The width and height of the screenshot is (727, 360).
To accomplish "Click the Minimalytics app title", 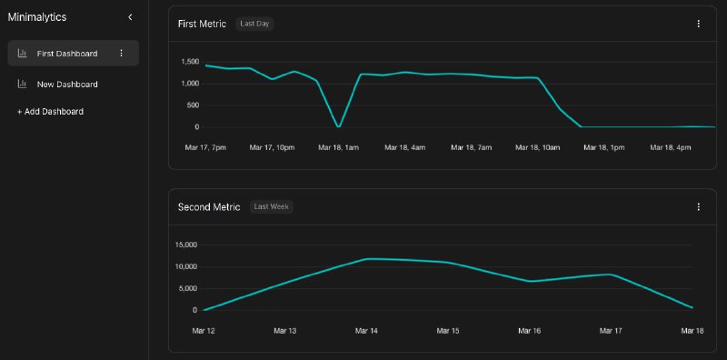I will (37, 17).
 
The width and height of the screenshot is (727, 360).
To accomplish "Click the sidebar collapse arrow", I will (130, 17).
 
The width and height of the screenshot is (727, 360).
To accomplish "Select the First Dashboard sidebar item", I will (66, 54).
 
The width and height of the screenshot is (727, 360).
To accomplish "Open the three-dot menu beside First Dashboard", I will (121, 54).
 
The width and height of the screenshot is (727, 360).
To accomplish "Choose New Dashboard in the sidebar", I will (66, 85).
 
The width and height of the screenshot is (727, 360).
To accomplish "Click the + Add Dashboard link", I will (50, 112).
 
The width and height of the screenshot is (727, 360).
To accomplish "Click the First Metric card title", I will (202, 24).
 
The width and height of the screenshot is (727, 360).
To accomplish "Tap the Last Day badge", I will (254, 24).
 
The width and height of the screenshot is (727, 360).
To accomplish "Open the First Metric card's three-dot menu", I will (698, 24).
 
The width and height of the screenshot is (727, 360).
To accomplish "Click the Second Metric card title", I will (209, 207).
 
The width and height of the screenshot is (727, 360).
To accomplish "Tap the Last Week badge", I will (272, 207).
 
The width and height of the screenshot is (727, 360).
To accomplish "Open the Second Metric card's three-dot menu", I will (698, 207).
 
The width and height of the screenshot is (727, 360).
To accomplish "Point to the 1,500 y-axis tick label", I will (190, 62).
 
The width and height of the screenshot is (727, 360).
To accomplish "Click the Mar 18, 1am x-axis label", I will (338, 147).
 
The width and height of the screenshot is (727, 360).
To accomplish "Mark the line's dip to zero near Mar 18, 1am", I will (339, 126).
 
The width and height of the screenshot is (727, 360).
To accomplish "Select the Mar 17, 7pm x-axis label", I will (204, 147).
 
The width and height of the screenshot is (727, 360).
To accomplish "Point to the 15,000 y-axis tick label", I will (186, 245).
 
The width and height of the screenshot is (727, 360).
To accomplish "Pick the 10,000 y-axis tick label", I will (186, 266).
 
